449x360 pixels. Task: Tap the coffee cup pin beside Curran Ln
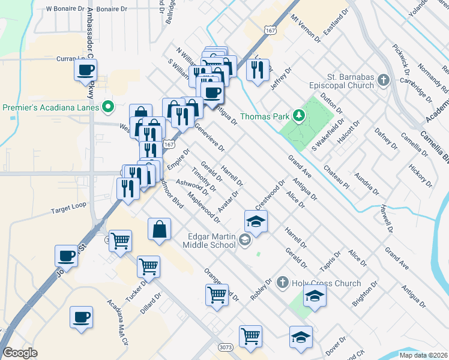click(85, 70)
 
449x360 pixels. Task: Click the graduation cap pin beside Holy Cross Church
click(315, 296)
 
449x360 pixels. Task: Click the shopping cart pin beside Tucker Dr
click(148, 266)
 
